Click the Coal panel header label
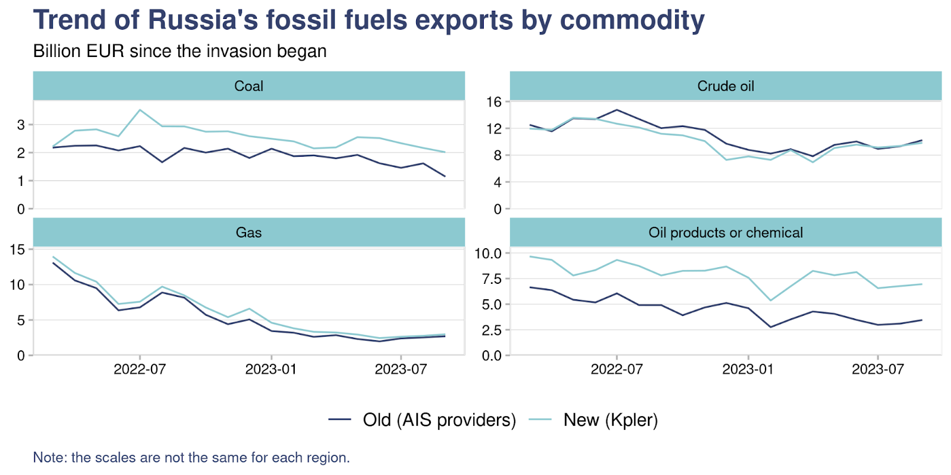coord(248,86)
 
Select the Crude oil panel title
coord(725,86)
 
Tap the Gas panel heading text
coord(248,233)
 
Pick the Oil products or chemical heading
coord(725,233)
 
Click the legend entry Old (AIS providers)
coord(439,420)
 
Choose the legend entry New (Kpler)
coord(610,420)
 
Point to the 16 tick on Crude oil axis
coord(494,102)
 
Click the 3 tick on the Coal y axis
coord(21,125)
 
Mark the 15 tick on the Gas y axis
coord(17,249)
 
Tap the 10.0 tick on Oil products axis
coord(488,254)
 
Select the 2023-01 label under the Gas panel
coord(270,369)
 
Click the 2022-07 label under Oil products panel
coord(616,369)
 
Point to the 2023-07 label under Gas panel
coord(401,369)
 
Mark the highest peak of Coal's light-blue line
coord(140,110)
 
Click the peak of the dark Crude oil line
coord(617,110)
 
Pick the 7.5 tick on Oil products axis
coord(491,279)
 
